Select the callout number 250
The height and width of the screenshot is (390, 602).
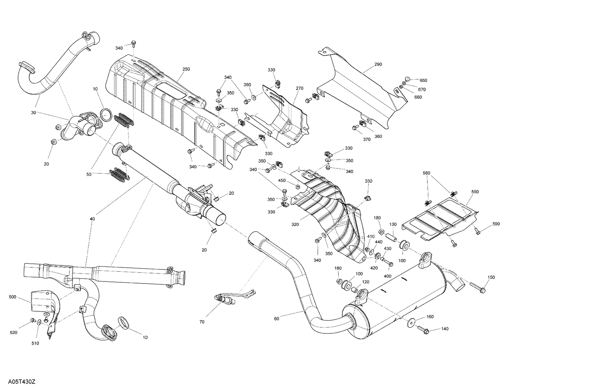186,69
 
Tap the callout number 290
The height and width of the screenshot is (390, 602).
378,64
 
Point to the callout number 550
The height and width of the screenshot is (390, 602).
475,192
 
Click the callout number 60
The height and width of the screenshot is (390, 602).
276,319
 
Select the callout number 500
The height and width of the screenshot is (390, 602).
12,297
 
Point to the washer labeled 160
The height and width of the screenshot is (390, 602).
412,321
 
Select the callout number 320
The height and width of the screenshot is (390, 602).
295,225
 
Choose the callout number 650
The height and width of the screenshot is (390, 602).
423,80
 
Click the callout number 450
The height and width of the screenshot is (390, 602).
282,180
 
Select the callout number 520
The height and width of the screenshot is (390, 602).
14,333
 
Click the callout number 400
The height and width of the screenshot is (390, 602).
387,277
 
